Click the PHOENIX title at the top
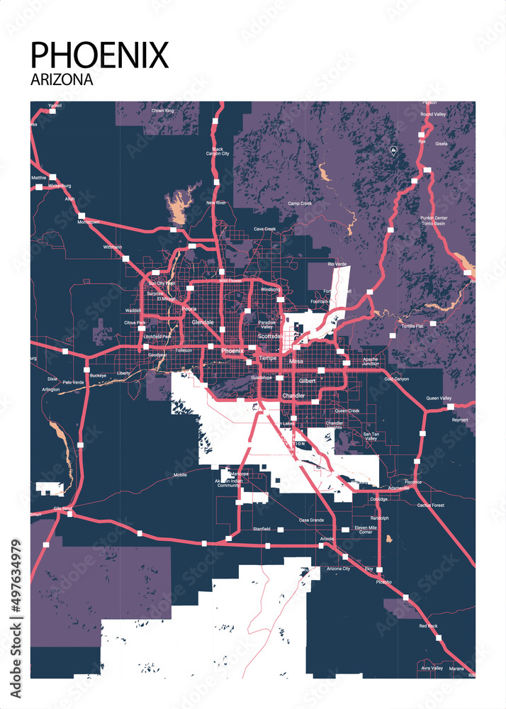pos(100,55)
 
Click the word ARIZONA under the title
pos(62,79)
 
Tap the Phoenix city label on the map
pos(232,351)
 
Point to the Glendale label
pos(202,322)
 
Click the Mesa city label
pos(296,362)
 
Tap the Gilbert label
pos(307,381)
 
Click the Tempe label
pos(268,358)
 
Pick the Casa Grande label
pos(311,520)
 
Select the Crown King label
pos(163,111)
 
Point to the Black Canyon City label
pos(218,151)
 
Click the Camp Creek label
pos(300,203)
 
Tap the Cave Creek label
pos(264,229)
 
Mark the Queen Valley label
pos(439,398)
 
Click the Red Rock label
pos(428,626)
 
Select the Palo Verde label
pos(73,382)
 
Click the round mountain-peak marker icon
pos(393,150)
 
